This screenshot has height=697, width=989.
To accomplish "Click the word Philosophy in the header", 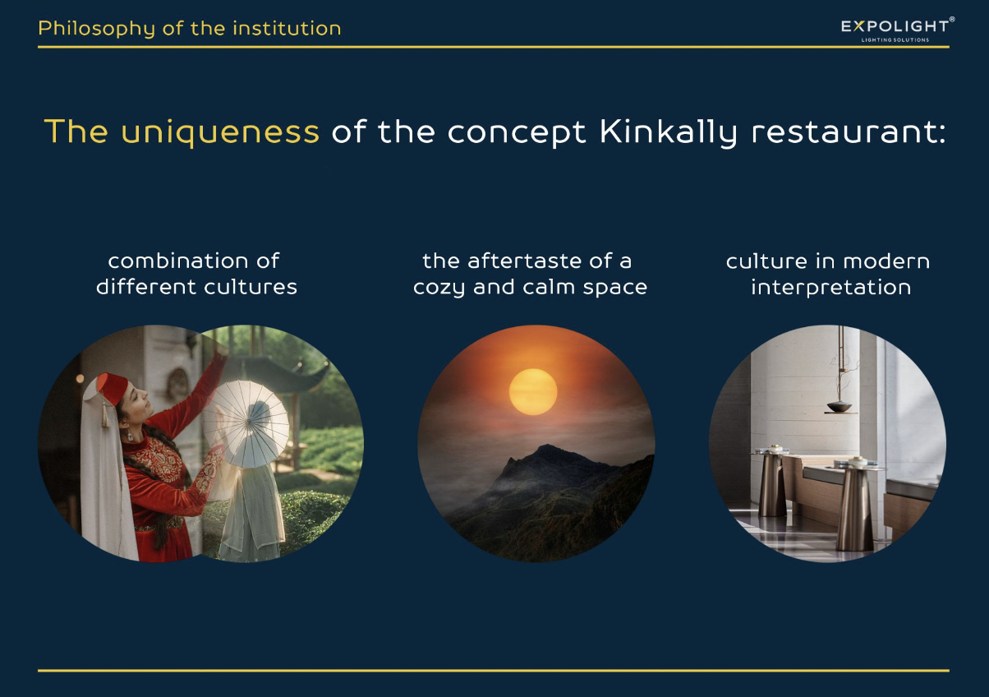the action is [96, 29].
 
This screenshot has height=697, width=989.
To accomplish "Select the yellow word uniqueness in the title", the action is [220, 132].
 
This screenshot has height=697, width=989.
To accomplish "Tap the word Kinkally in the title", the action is [669, 132].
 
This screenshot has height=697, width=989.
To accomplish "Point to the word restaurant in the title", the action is [849, 132].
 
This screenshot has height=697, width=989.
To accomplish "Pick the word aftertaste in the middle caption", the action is [525, 261].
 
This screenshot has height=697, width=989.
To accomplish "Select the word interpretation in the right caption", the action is [831, 288].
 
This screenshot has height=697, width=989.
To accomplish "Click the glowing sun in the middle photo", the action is [533, 392].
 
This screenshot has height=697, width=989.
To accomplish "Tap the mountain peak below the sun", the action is [547, 447].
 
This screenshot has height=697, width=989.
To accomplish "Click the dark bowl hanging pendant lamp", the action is [839, 406].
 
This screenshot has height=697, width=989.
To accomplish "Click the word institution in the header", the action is [287, 29].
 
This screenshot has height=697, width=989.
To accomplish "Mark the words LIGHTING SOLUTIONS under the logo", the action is [895, 39].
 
